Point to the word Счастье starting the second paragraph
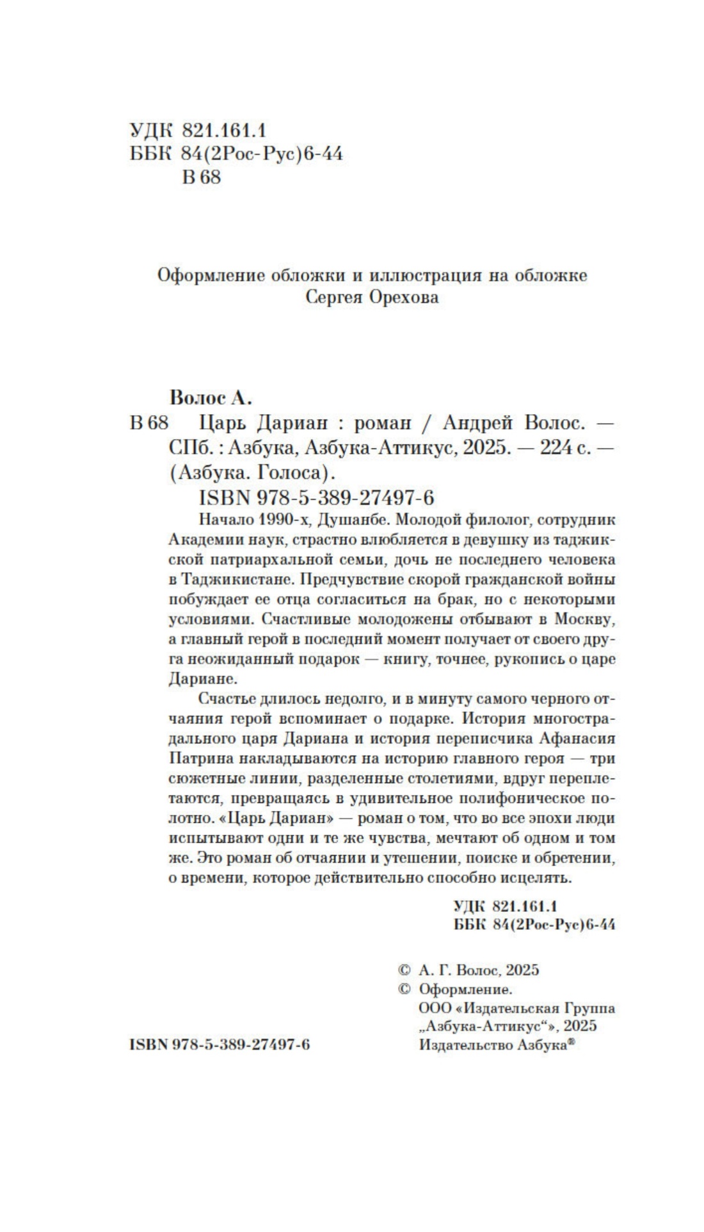pyautogui.click(x=228, y=698)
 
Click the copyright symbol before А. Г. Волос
pyautogui.click(x=404, y=970)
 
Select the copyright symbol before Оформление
pyautogui.click(x=404, y=989)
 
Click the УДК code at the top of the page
pyautogui.click(x=198, y=131)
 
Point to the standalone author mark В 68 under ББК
pyautogui.click(x=201, y=177)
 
